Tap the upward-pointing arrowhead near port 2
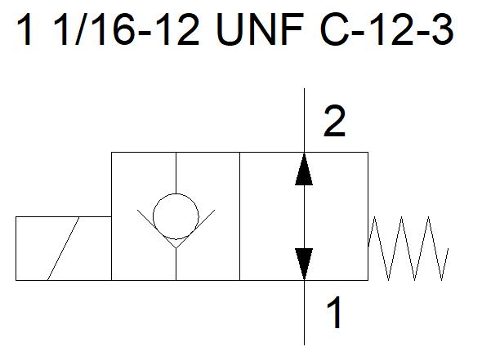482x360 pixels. pyautogui.click(x=304, y=170)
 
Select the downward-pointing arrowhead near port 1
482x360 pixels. pyautogui.click(x=304, y=264)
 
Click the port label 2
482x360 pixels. pyautogui.click(x=335, y=121)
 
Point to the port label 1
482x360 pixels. pyautogui.click(x=334, y=313)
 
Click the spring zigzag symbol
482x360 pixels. pyautogui.click(x=408, y=248)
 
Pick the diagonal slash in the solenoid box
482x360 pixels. pyautogui.click(x=64, y=248)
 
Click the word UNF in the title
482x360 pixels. pyautogui.click(x=260, y=30)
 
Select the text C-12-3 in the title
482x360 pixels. pyautogui.click(x=386, y=30)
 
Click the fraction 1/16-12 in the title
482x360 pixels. pyautogui.click(x=127, y=30)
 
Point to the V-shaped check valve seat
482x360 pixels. pyautogui.click(x=176, y=229)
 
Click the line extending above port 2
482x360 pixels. pyautogui.click(x=305, y=121)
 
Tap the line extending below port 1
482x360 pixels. pyautogui.click(x=305, y=313)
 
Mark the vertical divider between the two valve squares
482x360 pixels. pyautogui.click(x=239, y=216)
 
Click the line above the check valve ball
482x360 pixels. pyautogui.click(x=176, y=173)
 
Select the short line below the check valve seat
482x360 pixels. pyautogui.click(x=176, y=264)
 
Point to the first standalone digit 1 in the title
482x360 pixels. pyautogui.click(x=26, y=30)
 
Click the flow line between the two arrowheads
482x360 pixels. pyautogui.click(x=305, y=217)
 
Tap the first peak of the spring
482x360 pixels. pyautogui.click(x=375, y=217)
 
